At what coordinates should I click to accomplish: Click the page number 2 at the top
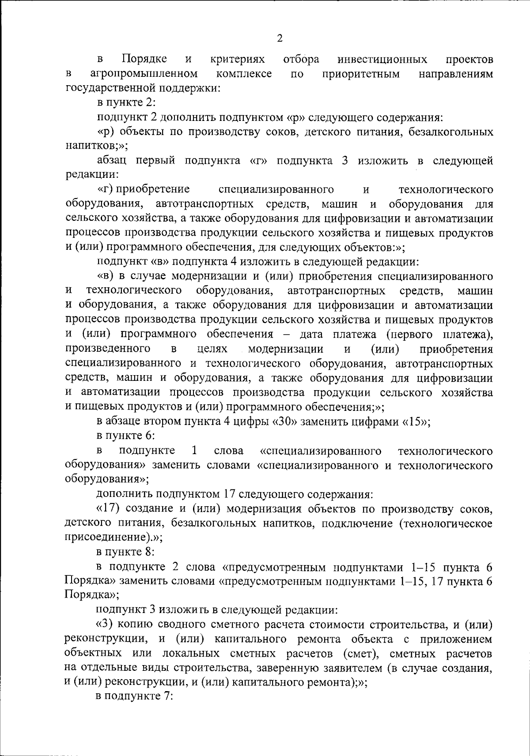pos(279,38)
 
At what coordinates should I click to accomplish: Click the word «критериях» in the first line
pos(238,59)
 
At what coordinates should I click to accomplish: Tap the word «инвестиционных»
pos(382,59)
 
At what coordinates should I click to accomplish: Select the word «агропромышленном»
pos(144,73)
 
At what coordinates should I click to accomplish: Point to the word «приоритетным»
pos(361,73)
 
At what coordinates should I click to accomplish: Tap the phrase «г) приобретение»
pos(144,190)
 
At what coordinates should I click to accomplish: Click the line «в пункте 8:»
pos(125,552)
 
